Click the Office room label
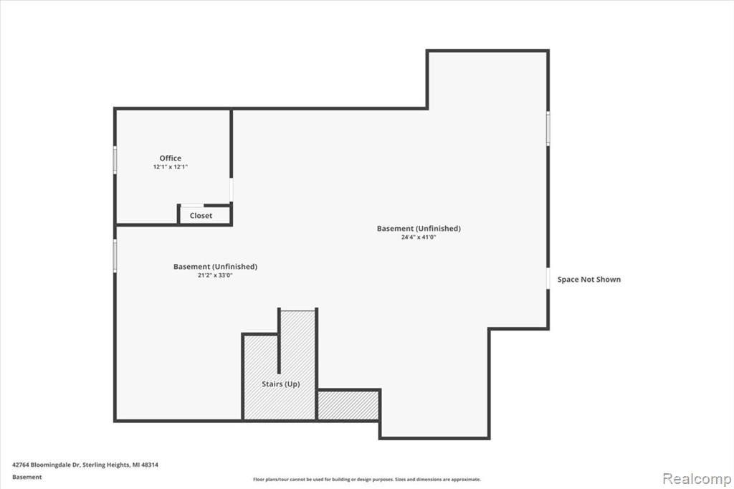point(171,158)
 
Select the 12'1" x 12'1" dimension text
point(171,167)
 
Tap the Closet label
point(201,215)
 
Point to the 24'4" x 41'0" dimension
point(419,237)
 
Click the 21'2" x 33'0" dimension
point(215,275)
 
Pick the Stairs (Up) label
point(281,384)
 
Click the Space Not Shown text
point(589,280)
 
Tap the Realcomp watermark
point(697,479)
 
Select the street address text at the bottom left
point(85,465)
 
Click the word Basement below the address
point(27,478)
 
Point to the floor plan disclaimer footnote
point(367,480)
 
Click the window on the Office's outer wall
point(115,160)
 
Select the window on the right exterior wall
point(548,128)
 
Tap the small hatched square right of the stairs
point(348,405)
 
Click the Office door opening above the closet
point(232,190)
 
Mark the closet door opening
point(192,205)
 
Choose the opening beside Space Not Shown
point(548,279)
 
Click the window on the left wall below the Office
point(115,256)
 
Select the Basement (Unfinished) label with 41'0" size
point(419,229)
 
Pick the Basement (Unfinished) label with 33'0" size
point(215,267)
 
